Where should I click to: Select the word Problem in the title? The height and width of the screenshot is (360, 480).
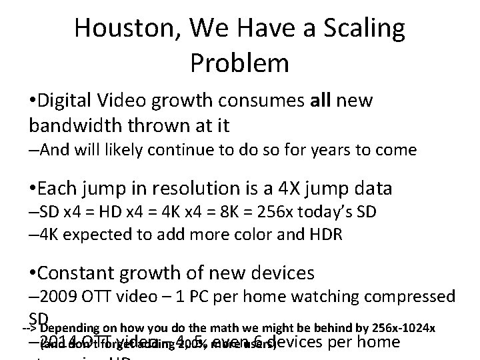tap(239, 63)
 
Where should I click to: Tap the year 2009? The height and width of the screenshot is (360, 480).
tap(59, 296)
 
